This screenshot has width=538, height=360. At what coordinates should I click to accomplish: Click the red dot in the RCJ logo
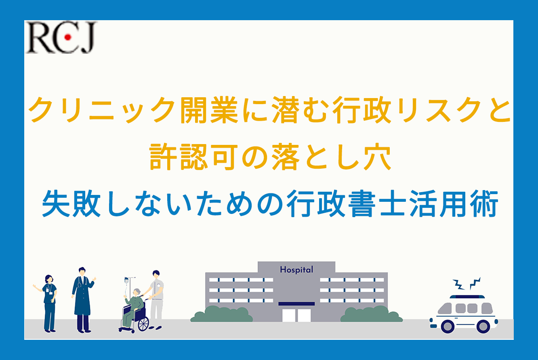click(x=68, y=37)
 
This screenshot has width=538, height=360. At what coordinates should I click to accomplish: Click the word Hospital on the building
click(x=296, y=270)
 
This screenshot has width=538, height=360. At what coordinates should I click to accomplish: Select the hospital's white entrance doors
click(x=296, y=315)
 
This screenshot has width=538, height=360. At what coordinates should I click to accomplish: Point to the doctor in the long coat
click(x=83, y=300)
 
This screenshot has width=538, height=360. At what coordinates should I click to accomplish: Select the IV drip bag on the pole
click(x=126, y=280)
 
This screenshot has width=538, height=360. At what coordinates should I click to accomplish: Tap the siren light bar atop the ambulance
click(x=467, y=297)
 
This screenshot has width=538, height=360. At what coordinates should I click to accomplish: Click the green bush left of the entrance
click(x=222, y=314)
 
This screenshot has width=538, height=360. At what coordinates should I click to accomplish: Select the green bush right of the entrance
click(x=372, y=314)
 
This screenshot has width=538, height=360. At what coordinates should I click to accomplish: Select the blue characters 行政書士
click(x=347, y=203)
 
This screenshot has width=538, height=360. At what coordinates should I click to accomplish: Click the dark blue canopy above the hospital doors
click(x=296, y=303)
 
